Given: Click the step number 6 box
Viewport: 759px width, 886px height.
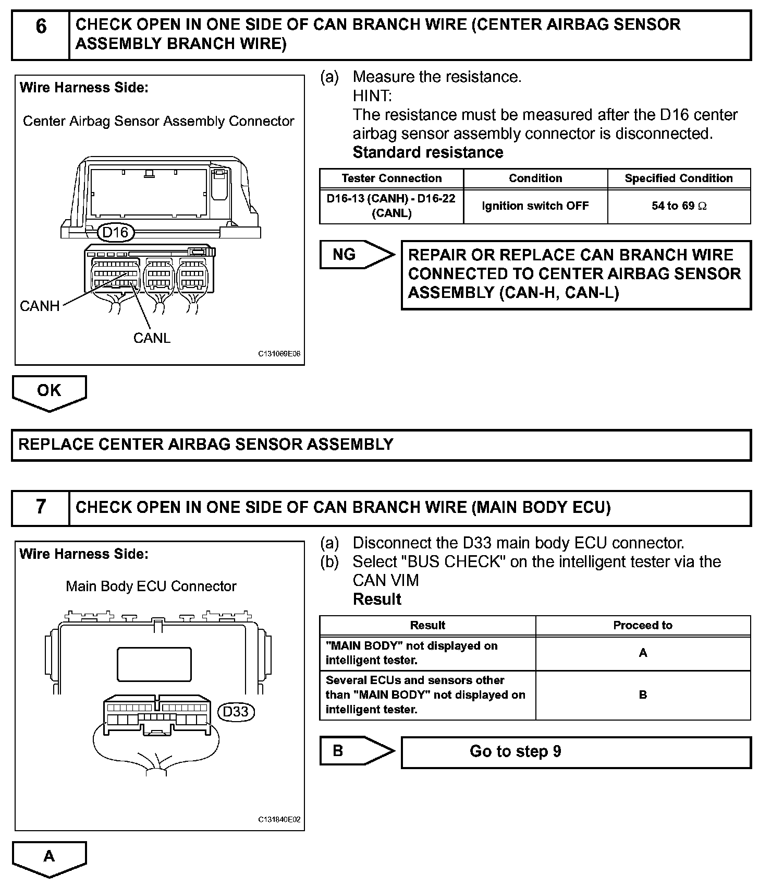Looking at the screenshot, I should click(41, 34).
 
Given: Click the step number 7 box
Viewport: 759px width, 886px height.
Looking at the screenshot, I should click(41, 507).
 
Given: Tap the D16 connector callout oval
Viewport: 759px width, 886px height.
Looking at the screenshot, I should click(115, 232).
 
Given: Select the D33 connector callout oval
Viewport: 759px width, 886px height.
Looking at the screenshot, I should click(236, 712).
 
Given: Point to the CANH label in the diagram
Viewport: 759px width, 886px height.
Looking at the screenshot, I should click(40, 306).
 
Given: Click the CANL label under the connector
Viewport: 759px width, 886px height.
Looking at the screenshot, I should click(152, 338).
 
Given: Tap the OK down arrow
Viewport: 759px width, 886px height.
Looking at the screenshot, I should click(49, 392).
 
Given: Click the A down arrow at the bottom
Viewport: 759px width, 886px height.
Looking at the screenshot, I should click(49, 858).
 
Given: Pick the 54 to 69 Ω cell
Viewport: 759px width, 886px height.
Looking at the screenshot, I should click(679, 206).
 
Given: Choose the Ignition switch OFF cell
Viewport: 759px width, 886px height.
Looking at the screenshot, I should click(535, 206).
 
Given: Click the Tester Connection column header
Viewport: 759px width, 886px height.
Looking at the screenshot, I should click(391, 178).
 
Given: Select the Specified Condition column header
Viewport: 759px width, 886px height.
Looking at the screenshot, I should click(679, 178).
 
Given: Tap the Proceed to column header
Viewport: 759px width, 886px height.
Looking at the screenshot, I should click(643, 625).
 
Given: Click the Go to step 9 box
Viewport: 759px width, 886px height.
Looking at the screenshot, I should click(576, 751).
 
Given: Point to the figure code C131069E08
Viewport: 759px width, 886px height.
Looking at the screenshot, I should click(279, 354).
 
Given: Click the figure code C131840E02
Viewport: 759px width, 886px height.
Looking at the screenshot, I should click(279, 820).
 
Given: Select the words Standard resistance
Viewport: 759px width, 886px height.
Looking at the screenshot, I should click(428, 152).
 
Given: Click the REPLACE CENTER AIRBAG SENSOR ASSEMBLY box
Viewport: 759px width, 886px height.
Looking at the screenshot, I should click(381, 445).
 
